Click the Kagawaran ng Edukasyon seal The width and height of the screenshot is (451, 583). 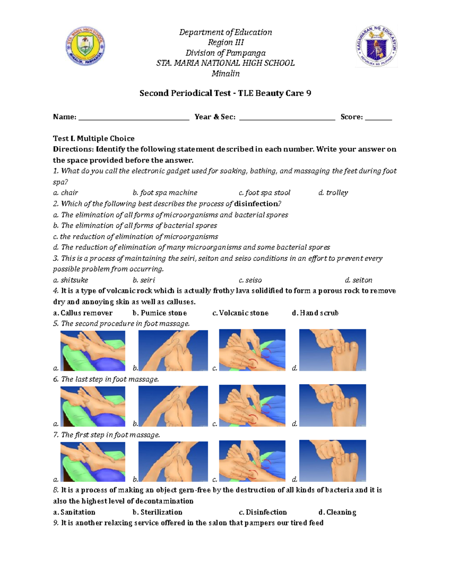[x=376, y=46]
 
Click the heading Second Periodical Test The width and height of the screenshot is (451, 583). [x=225, y=93]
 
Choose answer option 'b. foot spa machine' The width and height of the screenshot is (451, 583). [x=165, y=193]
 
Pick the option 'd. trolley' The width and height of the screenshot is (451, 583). [x=333, y=193]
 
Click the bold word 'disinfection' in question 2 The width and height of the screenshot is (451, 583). [x=256, y=204]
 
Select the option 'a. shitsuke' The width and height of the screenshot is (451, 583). [x=71, y=280]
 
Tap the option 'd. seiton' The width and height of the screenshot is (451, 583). [x=359, y=280]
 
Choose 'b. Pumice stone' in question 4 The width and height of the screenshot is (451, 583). [x=160, y=313]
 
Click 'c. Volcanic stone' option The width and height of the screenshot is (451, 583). [x=241, y=313]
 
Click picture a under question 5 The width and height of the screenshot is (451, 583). [x=93, y=350]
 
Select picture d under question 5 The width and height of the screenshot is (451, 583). [x=333, y=350]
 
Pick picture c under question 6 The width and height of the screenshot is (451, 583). [x=252, y=406]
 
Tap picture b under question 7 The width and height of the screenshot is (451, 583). [x=173, y=461]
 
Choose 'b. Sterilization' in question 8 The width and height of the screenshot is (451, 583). [x=157, y=512]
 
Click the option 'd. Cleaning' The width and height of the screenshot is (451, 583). [x=337, y=512]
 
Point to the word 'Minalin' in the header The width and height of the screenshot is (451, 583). [x=225, y=74]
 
